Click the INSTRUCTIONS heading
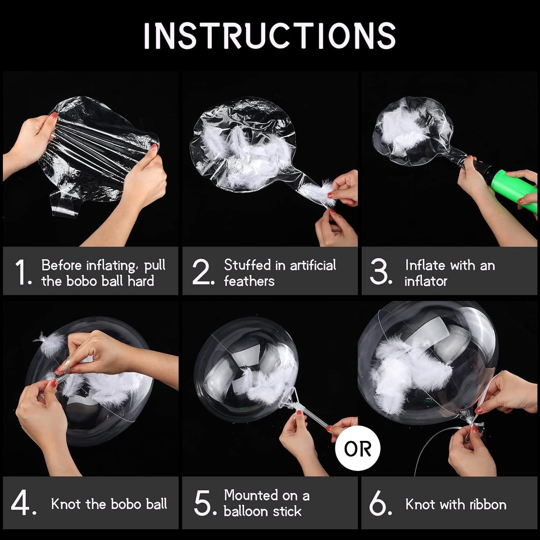(269, 36)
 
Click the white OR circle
(358, 449)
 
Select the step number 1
(23, 273)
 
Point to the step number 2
(203, 272)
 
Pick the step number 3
(381, 272)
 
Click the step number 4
(24, 503)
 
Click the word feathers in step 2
(249, 281)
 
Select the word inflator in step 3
(426, 281)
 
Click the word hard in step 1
(141, 281)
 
